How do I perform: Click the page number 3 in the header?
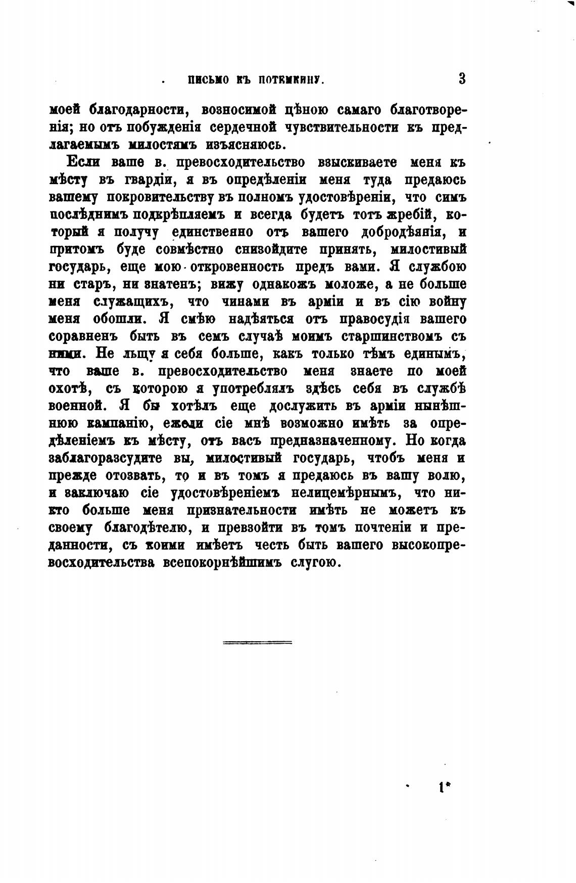point(462,79)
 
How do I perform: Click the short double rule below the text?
point(257,643)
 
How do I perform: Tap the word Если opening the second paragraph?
point(83,163)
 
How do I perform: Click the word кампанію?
point(109,423)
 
